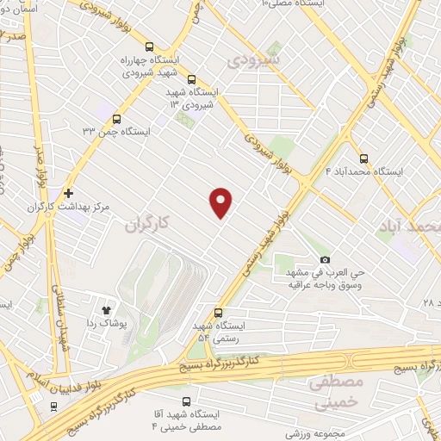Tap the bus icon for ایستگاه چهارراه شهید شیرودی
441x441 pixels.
(151, 48)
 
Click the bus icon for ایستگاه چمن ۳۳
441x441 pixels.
(116, 120)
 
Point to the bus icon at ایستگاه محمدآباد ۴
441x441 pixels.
(363, 158)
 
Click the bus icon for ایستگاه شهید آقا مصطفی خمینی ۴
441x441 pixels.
(187, 401)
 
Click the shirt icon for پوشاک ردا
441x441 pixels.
(107, 307)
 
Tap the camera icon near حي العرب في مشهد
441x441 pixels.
(325, 259)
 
